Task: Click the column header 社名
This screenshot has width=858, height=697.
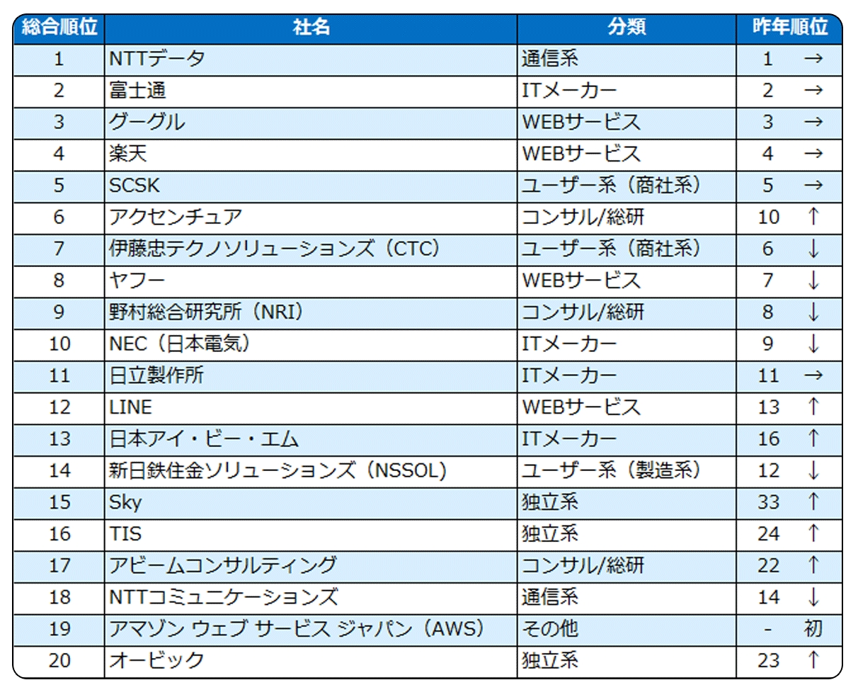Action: point(311,28)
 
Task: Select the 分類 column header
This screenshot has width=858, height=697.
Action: point(627,28)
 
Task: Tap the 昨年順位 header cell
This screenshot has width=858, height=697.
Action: point(789,28)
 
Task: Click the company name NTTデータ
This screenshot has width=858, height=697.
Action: point(157,59)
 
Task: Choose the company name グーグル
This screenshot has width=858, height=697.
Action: point(147,122)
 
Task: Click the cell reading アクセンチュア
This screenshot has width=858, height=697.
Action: point(176,217)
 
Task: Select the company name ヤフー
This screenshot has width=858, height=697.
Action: point(137,280)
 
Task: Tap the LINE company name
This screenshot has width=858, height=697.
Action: point(131,407)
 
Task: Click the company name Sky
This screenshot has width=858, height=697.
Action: point(125,502)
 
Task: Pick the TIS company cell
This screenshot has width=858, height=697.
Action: point(125,534)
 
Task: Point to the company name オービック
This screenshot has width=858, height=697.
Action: point(157,660)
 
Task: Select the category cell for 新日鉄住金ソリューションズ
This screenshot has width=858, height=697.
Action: point(611,470)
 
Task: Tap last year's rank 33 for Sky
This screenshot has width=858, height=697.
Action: point(768,502)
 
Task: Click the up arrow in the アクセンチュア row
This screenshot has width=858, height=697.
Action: point(813,217)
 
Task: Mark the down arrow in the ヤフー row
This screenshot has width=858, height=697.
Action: point(813,280)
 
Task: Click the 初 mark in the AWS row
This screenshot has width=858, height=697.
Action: point(813,628)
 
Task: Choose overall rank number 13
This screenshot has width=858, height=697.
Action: point(59,439)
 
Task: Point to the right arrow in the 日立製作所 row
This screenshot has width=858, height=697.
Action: point(813,375)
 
